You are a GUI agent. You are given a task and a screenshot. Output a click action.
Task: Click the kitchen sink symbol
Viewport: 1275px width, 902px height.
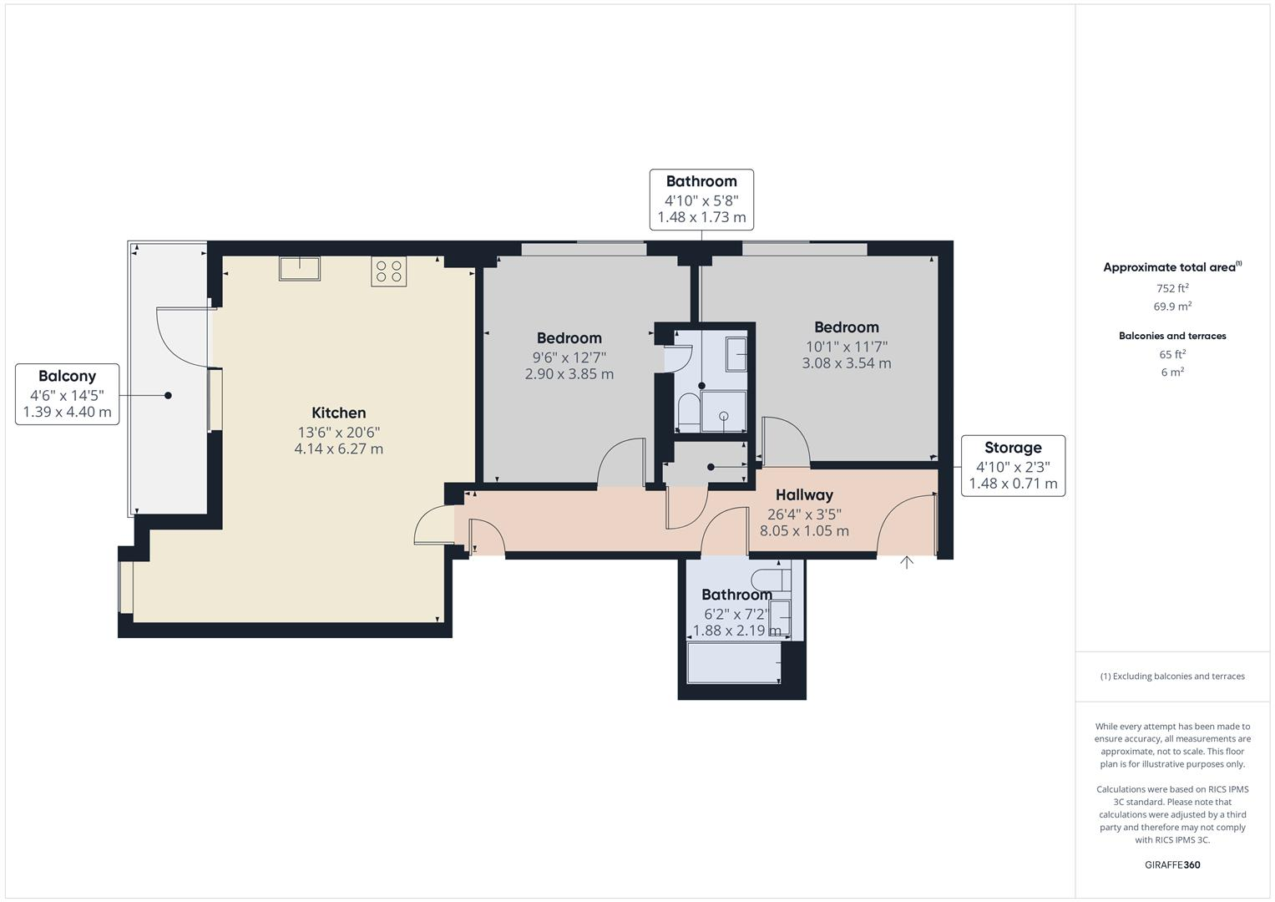pyautogui.click(x=300, y=268)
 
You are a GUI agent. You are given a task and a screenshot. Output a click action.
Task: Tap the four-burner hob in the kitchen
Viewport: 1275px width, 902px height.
pyautogui.click(x=388, y=271)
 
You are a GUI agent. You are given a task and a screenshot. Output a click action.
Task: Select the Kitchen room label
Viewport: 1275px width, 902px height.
pyautogui.click(x=338, y=413)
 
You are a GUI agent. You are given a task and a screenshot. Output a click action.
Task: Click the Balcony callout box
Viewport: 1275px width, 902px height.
pyautogui.click(x=67, y=393)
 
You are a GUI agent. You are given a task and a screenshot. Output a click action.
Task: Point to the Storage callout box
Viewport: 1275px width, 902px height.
pyautogui.click(x=1013, y=465)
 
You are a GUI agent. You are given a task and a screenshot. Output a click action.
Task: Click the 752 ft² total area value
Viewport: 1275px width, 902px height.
pyautogui.click(x=1171, y=288)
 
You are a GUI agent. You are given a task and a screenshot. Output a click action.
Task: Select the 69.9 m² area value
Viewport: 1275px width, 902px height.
pyautogui.click(x=1171, y=307)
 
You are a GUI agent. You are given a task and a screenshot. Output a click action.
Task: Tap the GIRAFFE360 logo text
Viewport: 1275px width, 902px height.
pyautogui.click(x=1171, y=864)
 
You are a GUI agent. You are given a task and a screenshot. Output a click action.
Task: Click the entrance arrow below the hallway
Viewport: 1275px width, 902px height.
pyautogui.click(x=907, y=563)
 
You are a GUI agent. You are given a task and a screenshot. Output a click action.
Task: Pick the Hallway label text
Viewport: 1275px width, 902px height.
pyautogui.click(x=804, y=495)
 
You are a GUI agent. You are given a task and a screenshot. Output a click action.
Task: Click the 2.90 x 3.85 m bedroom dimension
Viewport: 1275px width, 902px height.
pyautogui.click(x=569, y=374)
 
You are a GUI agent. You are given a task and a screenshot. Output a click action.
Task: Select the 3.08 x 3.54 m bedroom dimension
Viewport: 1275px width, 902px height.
pyautogui.click(x=846, y=363)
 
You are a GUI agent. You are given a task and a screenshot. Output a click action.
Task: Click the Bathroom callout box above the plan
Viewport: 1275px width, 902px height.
pyautogui.click(x=701, y=199)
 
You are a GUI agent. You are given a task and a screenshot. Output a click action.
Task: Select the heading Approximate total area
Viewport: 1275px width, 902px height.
pyautogui.click(x=1171, y=267)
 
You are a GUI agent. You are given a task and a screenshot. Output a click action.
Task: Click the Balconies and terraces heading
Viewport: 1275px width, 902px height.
pyautogui.click(x=1171, y=336)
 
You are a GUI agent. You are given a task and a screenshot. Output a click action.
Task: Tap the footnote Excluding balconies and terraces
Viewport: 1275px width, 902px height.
pyautogui.click(x=1171, y=676)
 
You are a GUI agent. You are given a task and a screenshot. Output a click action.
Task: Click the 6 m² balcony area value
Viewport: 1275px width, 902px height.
pyautogui.click(x=1171, y=372)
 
